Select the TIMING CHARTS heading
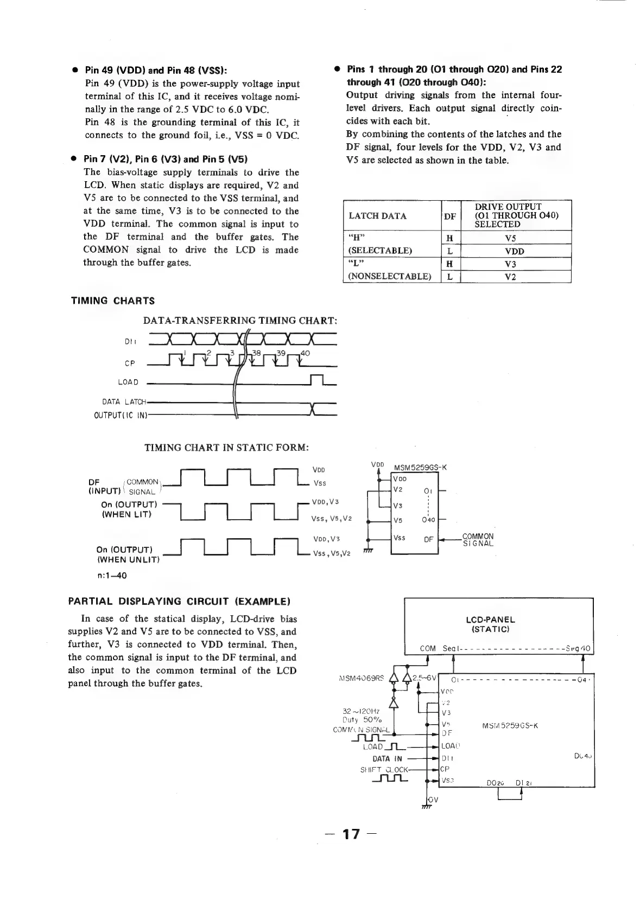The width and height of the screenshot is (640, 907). (x=113, y=301)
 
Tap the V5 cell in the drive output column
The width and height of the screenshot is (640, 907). (x=510, y=238)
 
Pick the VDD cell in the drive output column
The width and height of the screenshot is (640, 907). (x=510, y=251)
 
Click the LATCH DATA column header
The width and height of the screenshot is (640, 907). (x=377, y=216)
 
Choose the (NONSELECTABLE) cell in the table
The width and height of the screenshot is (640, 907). (x=389, y=277)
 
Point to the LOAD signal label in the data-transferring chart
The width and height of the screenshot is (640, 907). (x=128, y=382)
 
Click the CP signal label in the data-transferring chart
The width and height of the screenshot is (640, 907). (x=130, y=364)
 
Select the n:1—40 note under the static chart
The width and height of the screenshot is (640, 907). (x=112, y=576)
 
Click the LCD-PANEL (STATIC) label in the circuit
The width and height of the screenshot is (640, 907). (x=490, y=624)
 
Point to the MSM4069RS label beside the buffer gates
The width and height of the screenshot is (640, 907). (x=361, y=677)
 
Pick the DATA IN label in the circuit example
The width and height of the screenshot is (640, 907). (x=387, y=758)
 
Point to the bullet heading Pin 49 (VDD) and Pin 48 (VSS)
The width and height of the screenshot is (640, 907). (x=156, y=71)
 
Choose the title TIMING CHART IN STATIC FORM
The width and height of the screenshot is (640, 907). (x=226, y=448)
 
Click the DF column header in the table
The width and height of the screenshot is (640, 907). (x=450, y=216)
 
